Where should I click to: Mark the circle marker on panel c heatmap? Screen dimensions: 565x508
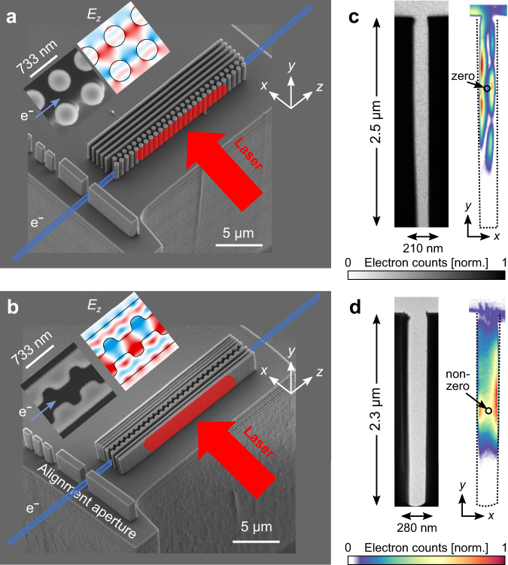487,89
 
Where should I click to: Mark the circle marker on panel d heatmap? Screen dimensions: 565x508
488,411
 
